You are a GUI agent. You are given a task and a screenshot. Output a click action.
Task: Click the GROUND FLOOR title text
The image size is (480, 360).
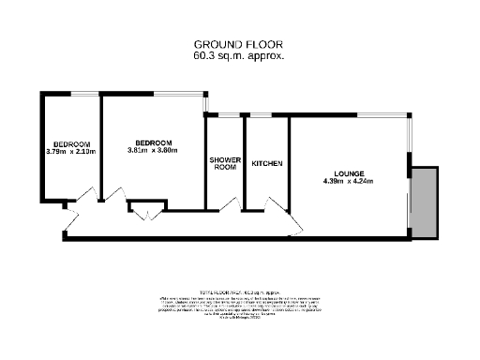tap(238, 44)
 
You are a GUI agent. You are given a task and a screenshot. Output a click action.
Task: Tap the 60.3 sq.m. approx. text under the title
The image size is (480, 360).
tap(238, 56)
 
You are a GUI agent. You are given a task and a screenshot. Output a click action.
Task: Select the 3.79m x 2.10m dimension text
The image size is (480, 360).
tap(69, 152)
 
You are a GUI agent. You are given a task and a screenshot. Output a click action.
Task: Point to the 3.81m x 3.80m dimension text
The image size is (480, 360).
tap(152, 150)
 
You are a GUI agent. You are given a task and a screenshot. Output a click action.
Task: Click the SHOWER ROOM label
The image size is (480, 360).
tap(224, 163)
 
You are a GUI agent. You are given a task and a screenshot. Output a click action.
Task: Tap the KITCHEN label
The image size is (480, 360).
tap(267, 164)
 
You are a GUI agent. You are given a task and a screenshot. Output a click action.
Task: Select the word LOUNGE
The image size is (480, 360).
tap(348, 174)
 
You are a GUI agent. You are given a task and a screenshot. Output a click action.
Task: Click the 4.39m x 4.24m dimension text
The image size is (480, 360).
tap(348, 183)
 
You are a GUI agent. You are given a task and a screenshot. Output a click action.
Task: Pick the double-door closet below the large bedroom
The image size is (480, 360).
tap(146, 211)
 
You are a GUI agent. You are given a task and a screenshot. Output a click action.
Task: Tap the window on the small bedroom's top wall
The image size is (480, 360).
tap(84, 93)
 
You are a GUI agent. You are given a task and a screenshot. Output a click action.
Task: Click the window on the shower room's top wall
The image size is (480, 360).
tap(224, 114)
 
